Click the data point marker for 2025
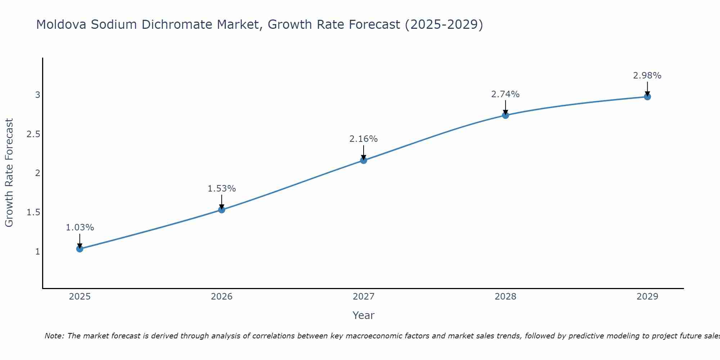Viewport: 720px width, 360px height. [x=80, y=249]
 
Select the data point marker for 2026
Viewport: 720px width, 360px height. [x=222, y=210]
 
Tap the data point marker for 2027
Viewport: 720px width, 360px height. [x=364, y=160]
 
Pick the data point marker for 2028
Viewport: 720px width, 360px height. [x=505, y=115]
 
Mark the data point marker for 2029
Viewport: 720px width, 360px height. [x=647, y=96]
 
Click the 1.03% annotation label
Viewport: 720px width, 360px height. [x=80, y=228]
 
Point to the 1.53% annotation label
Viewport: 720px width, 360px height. [x=222, y=189]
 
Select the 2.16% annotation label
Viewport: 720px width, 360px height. [x=364, y=139]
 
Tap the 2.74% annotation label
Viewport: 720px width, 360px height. [x=505, y=94]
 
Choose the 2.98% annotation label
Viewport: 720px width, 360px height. [x=647, y=76]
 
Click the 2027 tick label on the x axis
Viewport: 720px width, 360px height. [x=364, y=297]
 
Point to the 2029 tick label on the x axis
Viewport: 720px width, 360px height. [x=647, y=297]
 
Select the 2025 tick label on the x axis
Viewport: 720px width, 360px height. [x=80, y=297]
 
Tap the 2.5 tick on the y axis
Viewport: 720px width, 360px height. [x=33, y=134]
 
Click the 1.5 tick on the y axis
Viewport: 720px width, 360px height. [x=33, y=212]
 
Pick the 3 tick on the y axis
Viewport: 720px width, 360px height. [x=37, y=95]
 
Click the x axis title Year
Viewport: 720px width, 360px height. [x=364, y=315]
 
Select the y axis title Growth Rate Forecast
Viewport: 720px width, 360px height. [x=9, y=173]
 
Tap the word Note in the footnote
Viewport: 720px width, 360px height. [x=54, y=336]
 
